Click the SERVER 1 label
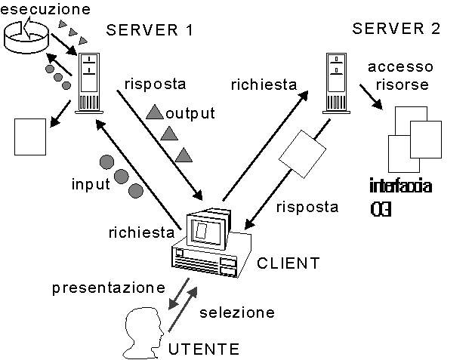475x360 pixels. point(150,31)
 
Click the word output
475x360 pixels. point(191,114)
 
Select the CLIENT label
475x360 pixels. point(288,263)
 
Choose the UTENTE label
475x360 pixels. point(204,349)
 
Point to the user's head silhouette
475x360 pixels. point(143,331)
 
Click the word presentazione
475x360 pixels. point(109,288)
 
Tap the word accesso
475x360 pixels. point(397,66)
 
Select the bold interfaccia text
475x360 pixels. point(400,186)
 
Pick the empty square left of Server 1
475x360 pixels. point(30,136)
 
